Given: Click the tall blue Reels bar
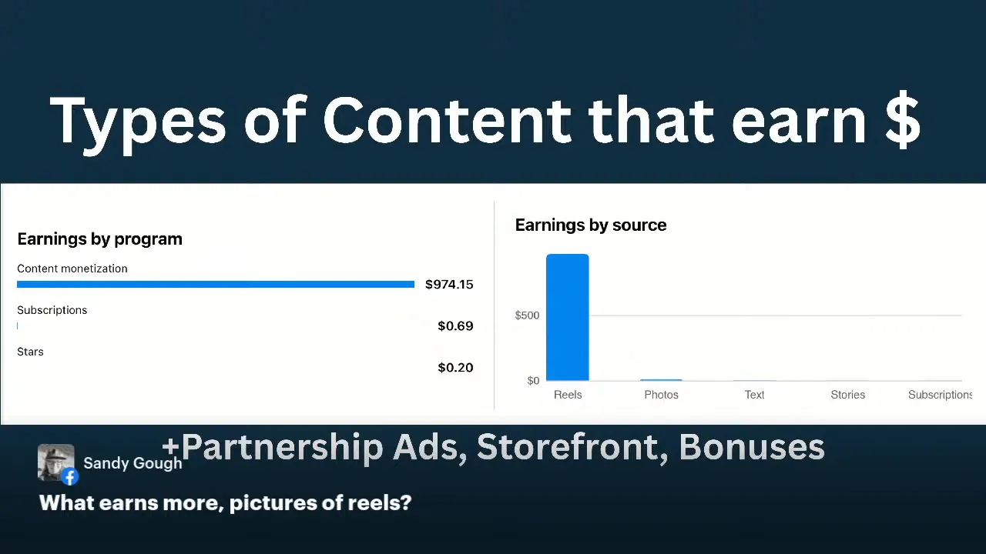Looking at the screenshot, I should pyautogui.click(x=568, y=317).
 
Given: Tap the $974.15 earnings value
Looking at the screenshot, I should pyautogui.click(x=449, y=285).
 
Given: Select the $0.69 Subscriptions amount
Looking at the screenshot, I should pyautogui.click(x=455, y=326).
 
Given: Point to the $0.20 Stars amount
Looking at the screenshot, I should pyautogui.click(x=455, y=368).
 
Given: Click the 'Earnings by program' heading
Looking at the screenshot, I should pyautogui.click(x=99, y=239).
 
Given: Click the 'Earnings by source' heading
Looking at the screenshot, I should pyautogui.click(x=591, y=225).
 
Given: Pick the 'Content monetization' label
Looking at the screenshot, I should pyautogui.click(x=72, y=269).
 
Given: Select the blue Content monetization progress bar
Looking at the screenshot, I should pyautogui.click(x=216, y=285).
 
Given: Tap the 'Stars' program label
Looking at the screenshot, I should pyautogui.click(x=30, y=352).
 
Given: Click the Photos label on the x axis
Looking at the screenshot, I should pyautogui.click(x=661, y=395).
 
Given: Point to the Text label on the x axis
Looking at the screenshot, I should pyautogui.click(x=754, y=395).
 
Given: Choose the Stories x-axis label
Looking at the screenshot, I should pyautogui.click(x=847, y=395).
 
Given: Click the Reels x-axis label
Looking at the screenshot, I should pyautogui.click(x=568, y=395).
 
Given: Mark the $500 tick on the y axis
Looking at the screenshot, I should pyautogui.click(x=527, y=315).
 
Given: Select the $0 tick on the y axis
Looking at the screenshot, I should pyautogui.click(x=533, y=381).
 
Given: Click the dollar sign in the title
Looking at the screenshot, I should pyautogui.click(x=903, y=120).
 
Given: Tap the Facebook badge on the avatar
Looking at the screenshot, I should pyautogui.click(x=70, y=477).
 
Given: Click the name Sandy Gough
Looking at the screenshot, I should pyautogui.click(x=132, y=463).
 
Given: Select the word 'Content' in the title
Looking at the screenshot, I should pyautogui.click(x=447, y=120).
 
